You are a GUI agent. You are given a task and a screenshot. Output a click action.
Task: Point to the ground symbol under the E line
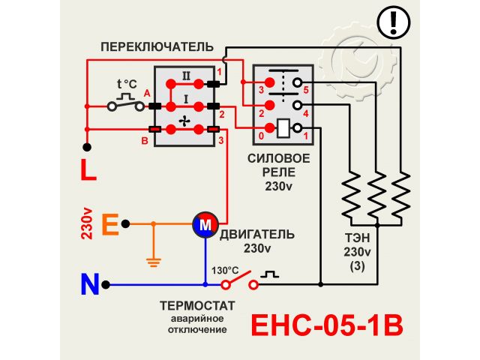(153, 262)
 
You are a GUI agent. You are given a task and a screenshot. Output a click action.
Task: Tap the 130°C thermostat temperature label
(224, 270)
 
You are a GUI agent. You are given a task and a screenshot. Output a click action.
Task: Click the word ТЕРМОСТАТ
(197, 306)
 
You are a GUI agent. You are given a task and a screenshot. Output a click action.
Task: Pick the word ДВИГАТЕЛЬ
(257, 233)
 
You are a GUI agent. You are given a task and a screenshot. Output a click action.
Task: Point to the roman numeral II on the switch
(187, 74)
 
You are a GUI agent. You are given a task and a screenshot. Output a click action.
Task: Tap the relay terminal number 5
(306, 89)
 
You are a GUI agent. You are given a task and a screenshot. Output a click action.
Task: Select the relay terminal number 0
(261, 136)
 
